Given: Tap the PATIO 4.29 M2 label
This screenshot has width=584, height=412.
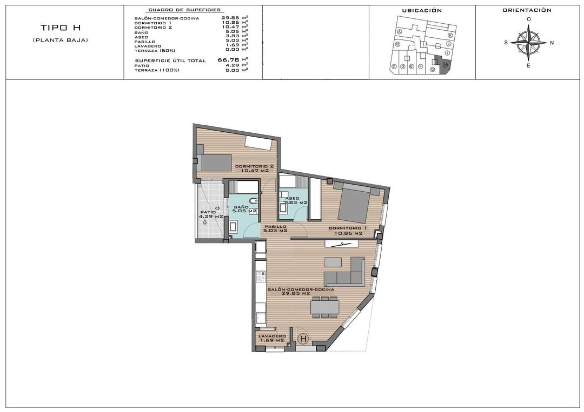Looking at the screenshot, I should tap(208, 215).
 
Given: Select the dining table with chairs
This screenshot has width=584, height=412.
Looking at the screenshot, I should tap(324, 306).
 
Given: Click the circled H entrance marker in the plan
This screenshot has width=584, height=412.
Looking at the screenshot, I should tap(304, 340).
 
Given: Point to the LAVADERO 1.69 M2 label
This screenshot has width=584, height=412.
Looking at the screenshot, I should tap(272, 338).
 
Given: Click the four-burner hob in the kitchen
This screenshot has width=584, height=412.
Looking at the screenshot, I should tap(261, 276).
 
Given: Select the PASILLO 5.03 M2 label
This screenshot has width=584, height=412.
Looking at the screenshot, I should tap(275, 228).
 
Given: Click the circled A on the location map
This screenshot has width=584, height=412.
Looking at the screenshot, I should tap(399, 32).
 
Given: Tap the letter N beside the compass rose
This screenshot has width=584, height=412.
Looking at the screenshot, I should tap(552, 43).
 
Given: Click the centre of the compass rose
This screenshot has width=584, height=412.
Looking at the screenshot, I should tap(528, 43).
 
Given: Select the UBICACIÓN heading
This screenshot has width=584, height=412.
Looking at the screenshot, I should tap(422, 10).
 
